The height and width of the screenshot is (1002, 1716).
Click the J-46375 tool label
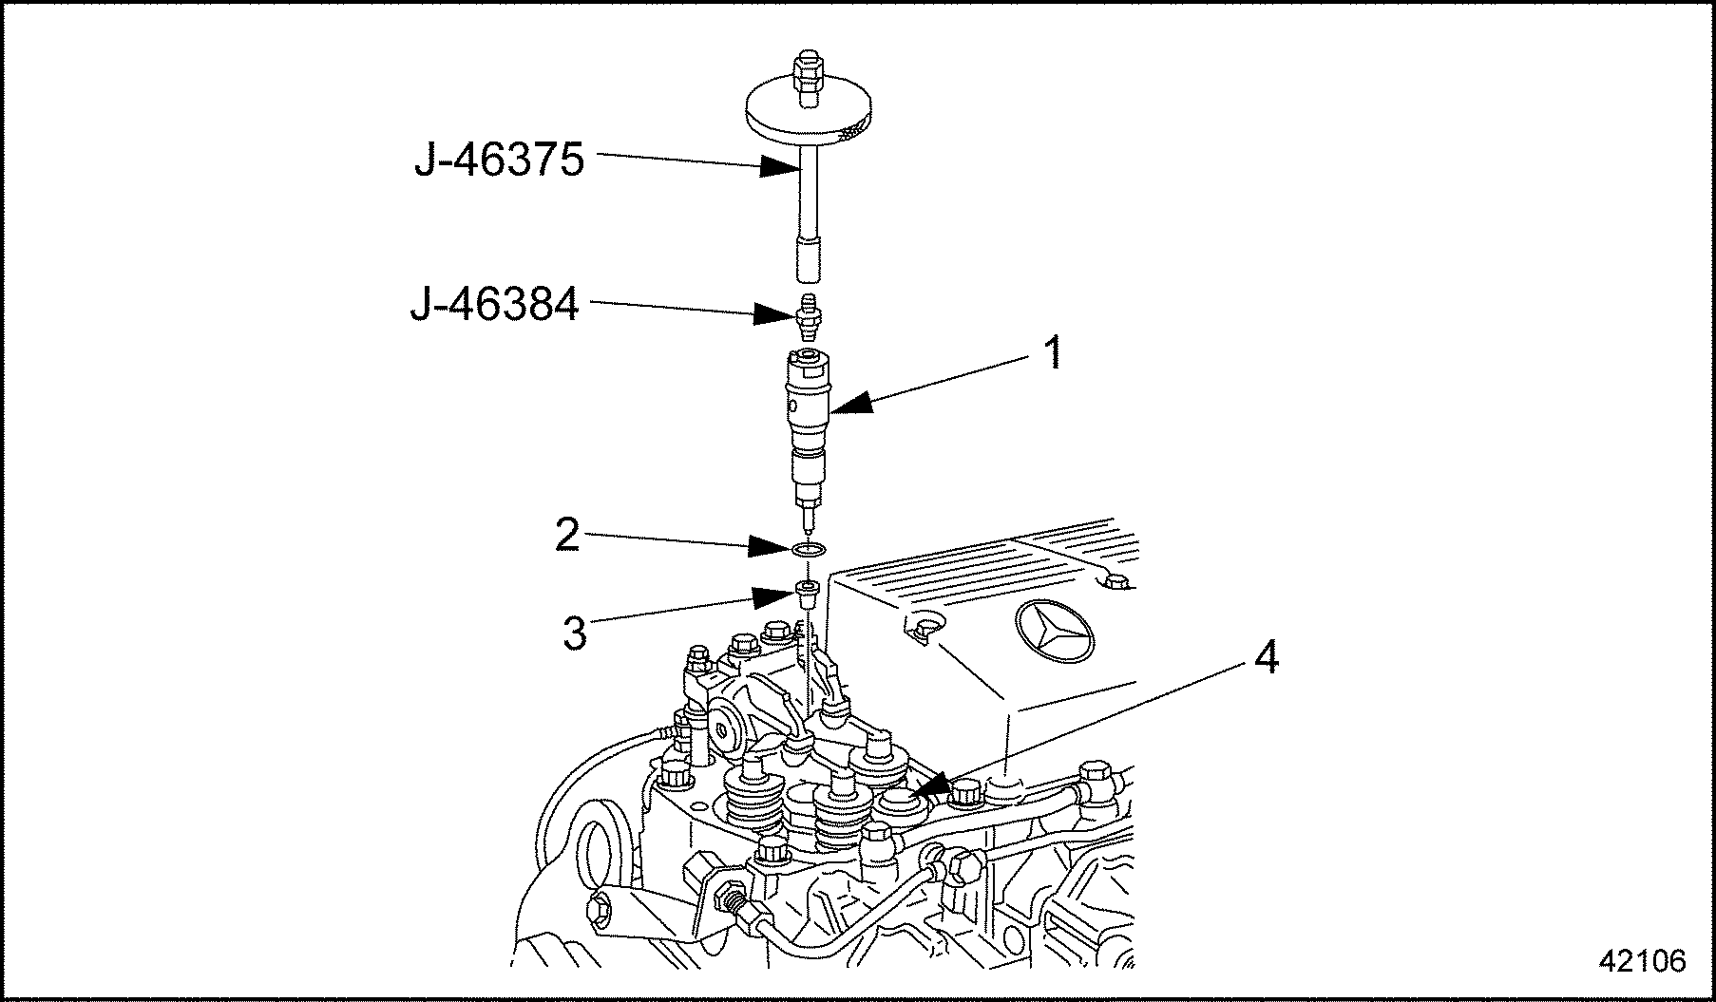tap(499, 161)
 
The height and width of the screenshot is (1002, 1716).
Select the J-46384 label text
tap(495, 307)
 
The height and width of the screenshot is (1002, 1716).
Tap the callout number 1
tap(1052, 354)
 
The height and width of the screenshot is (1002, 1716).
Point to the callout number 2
tap(567, 536)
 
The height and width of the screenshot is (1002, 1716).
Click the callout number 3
tap(575, 633)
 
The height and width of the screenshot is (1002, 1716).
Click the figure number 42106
tap(1642, 961)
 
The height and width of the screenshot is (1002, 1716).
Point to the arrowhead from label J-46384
tap(772, 313)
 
